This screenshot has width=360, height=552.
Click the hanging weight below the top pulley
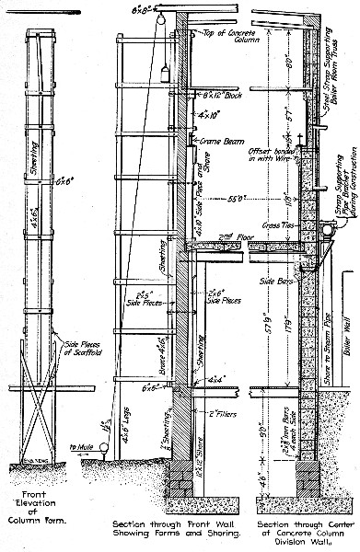click(x=160, y=71)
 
